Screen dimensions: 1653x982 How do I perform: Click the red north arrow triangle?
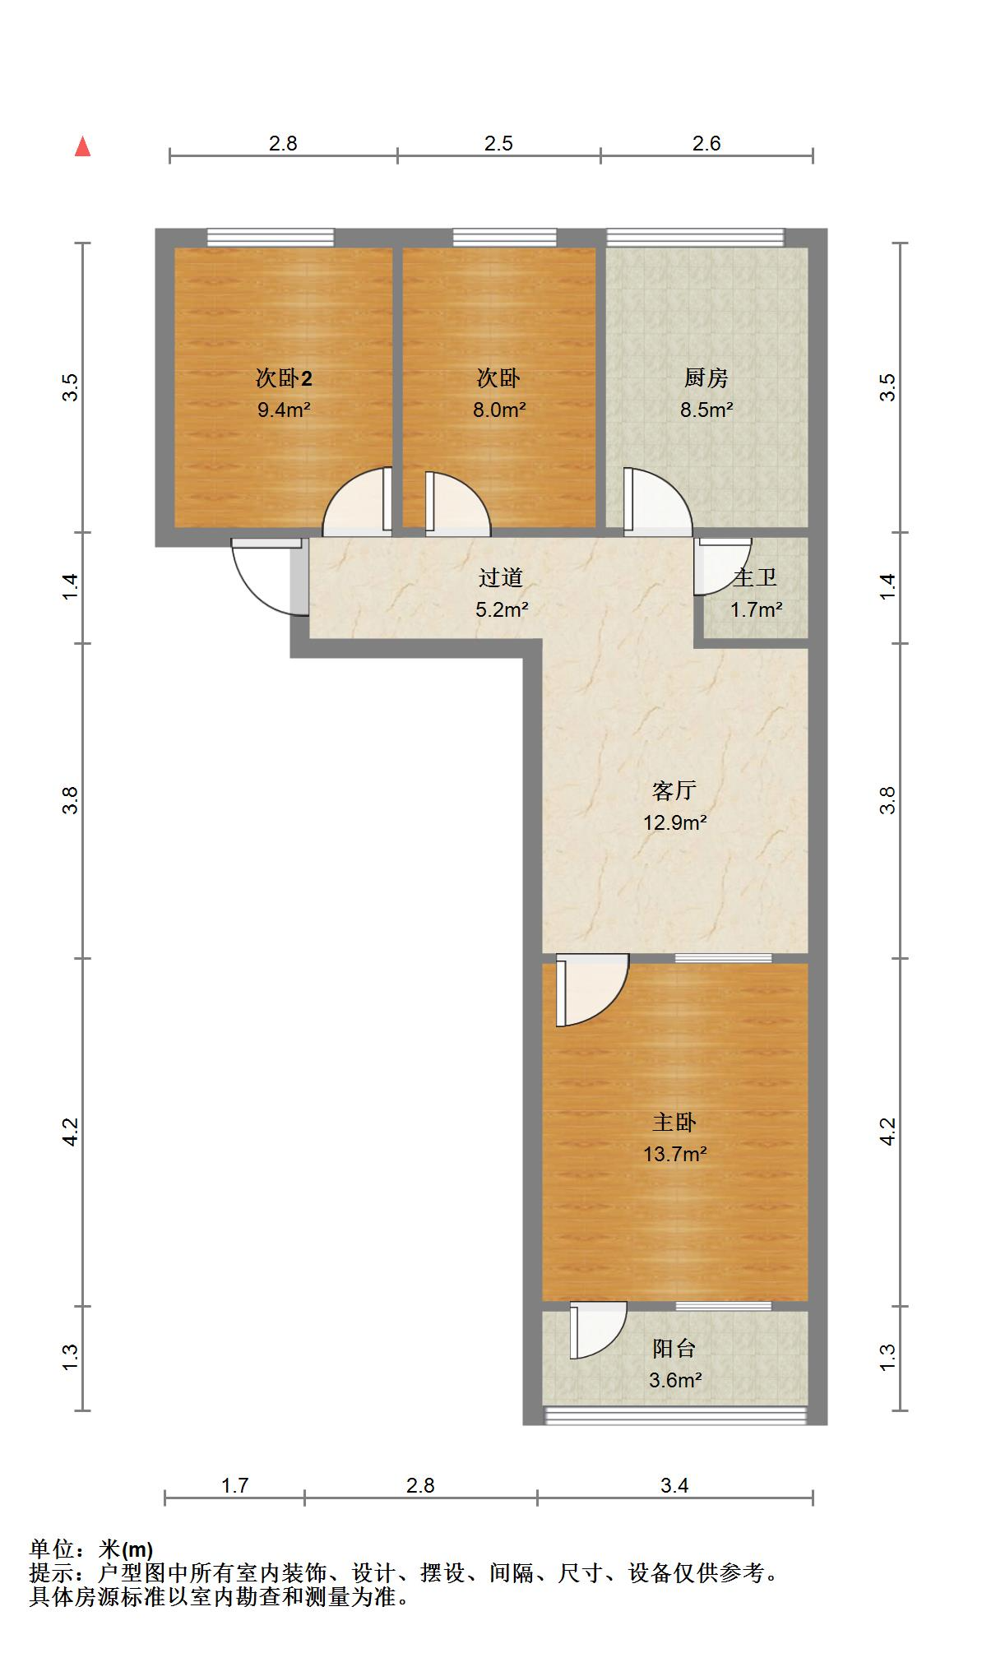coord(82,147)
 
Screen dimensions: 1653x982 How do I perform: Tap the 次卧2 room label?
coord(284,378)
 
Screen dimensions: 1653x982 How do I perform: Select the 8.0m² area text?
coord(499,410)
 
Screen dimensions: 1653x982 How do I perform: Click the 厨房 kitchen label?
coord(706,378)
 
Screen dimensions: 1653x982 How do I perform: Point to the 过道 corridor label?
coord(501,578)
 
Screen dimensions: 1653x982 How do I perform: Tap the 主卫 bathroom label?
coord(755,578)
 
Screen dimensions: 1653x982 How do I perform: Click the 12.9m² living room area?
coord(675,822)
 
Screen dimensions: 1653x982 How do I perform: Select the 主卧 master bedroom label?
coord(674,1122)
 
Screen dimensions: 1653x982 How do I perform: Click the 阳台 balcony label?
coord(674,1349)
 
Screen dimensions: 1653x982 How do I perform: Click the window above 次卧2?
coord(271,238)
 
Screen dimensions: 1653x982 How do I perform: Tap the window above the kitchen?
coord(696,238)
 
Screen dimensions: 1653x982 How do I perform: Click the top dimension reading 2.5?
coord(498,144)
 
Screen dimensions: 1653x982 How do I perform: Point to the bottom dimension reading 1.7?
coord(235,1485)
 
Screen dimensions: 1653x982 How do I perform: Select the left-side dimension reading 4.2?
coord(71,1132)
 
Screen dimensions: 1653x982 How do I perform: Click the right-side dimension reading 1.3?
coord(887,1357)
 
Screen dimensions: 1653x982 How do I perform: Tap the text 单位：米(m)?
coord(91,1549)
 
